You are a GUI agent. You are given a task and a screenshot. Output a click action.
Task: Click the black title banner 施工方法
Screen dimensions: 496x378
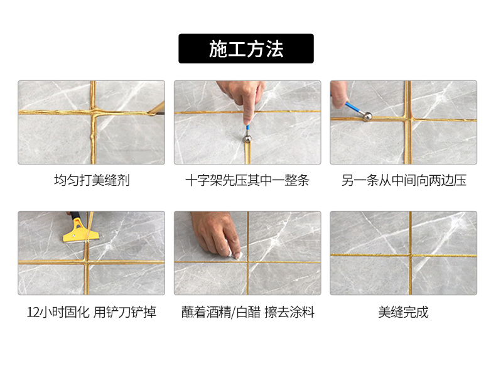245,49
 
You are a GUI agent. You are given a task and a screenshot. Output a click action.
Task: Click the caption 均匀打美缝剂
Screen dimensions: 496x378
92,181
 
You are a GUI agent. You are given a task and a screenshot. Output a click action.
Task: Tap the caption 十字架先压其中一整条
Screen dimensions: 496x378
247,181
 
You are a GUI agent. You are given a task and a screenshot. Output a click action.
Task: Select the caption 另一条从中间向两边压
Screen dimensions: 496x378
404,181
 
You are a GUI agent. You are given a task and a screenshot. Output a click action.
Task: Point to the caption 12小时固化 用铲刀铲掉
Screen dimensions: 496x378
91,312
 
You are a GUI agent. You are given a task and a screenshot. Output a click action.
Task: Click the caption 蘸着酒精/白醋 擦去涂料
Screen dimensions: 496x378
247,312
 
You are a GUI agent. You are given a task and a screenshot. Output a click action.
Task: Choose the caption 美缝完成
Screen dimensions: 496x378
403,312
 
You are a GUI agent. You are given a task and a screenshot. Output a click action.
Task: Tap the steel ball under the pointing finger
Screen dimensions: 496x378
247,139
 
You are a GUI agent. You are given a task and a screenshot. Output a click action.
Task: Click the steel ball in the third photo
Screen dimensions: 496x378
367,116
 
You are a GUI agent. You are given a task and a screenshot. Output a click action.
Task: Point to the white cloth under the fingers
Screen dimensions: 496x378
235,252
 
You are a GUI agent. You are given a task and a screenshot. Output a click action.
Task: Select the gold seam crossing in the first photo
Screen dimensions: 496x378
93,112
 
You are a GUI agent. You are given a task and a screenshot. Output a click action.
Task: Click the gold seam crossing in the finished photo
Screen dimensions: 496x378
410,255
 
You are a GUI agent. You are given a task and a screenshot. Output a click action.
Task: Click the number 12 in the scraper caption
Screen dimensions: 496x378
32,313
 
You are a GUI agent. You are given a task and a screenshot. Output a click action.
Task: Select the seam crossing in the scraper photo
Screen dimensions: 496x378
87,262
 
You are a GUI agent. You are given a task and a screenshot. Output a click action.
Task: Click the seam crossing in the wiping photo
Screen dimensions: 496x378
247,262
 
